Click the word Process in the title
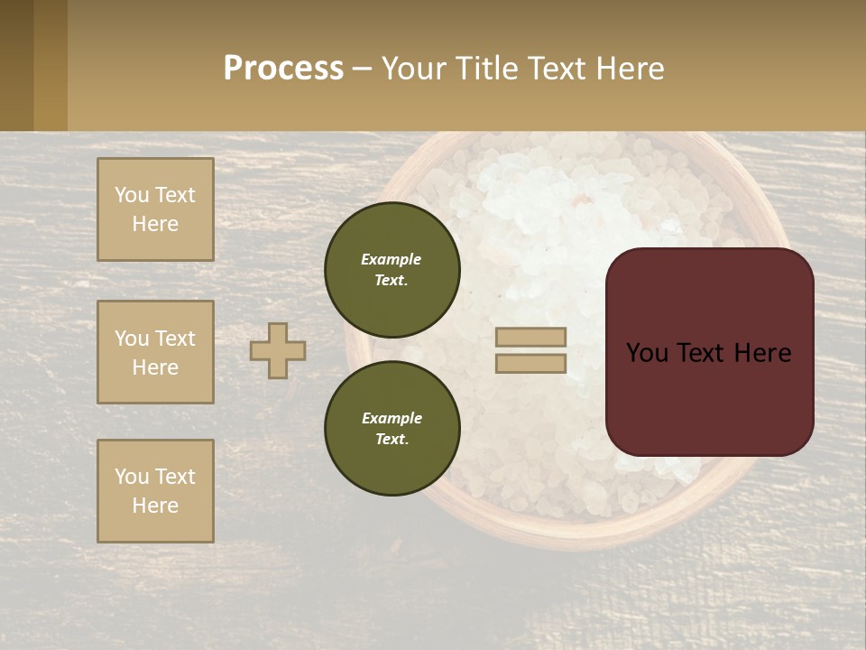[x=283, y=69]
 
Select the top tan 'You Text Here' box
[x=155, y=209]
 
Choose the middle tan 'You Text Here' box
[x=155, y=352]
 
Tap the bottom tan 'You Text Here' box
[x=155, y=491]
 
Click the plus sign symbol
[x=278, y=350]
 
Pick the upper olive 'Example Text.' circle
[x=392, y=269]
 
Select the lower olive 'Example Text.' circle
[x=392, y=428]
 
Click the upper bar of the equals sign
[x=531, y=337]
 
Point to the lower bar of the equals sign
[x=531, y=363]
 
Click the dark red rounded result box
[x=709, y=397]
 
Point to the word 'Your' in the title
[x=414, y=69]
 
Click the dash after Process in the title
[x=362, y=70]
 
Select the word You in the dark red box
[x=647, y=353]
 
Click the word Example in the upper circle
[x=392, y=259]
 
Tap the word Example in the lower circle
[x=392, y=418]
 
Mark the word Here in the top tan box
[x=155, y=224]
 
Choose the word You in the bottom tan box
[x=132, y=476]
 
